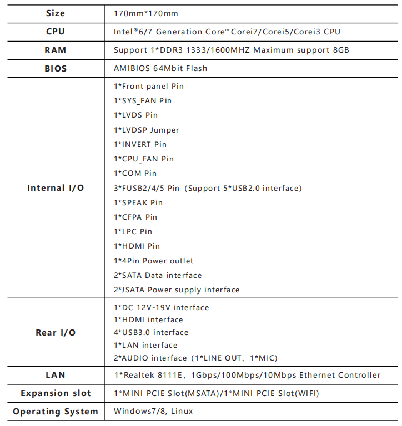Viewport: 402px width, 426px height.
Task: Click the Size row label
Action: click(x=56, y=13)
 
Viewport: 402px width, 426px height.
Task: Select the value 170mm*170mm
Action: click(x=146, y=13)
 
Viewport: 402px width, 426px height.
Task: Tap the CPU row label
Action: click(x=56, y=32)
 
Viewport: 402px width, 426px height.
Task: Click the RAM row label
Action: click(x=56, y=50)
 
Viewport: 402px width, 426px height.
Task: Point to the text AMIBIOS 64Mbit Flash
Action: click(x=160, y=68)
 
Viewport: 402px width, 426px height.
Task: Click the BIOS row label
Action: click(x=56, y=69)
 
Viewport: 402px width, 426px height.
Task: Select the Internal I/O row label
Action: click(x=56, y=188)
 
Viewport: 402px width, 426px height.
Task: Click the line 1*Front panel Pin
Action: click(x=149, y=86)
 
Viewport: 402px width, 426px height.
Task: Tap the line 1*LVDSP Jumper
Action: click(x=147, y=130)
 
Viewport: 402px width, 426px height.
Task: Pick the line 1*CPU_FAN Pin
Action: click(x=144, y=159)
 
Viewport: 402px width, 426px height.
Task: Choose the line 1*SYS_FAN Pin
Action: click(x=143, y=100)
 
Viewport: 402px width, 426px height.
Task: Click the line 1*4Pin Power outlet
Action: click(x=154, y=261)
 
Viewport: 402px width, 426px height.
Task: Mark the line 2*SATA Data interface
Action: click(x=158, y=275)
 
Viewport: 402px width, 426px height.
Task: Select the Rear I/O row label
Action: click(x=56, y=333)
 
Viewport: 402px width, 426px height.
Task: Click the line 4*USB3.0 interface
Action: click(x=151, y=332)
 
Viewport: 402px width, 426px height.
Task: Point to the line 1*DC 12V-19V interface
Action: click(x=162, y=307)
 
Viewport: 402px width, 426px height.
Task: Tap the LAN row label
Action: click(x=56, y=375)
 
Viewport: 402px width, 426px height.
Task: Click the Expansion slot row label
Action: click(x=56, y=393)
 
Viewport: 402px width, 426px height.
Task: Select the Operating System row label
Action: click(x=56, y=412)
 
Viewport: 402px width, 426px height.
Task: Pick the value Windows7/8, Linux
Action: click(x=153, y=412)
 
